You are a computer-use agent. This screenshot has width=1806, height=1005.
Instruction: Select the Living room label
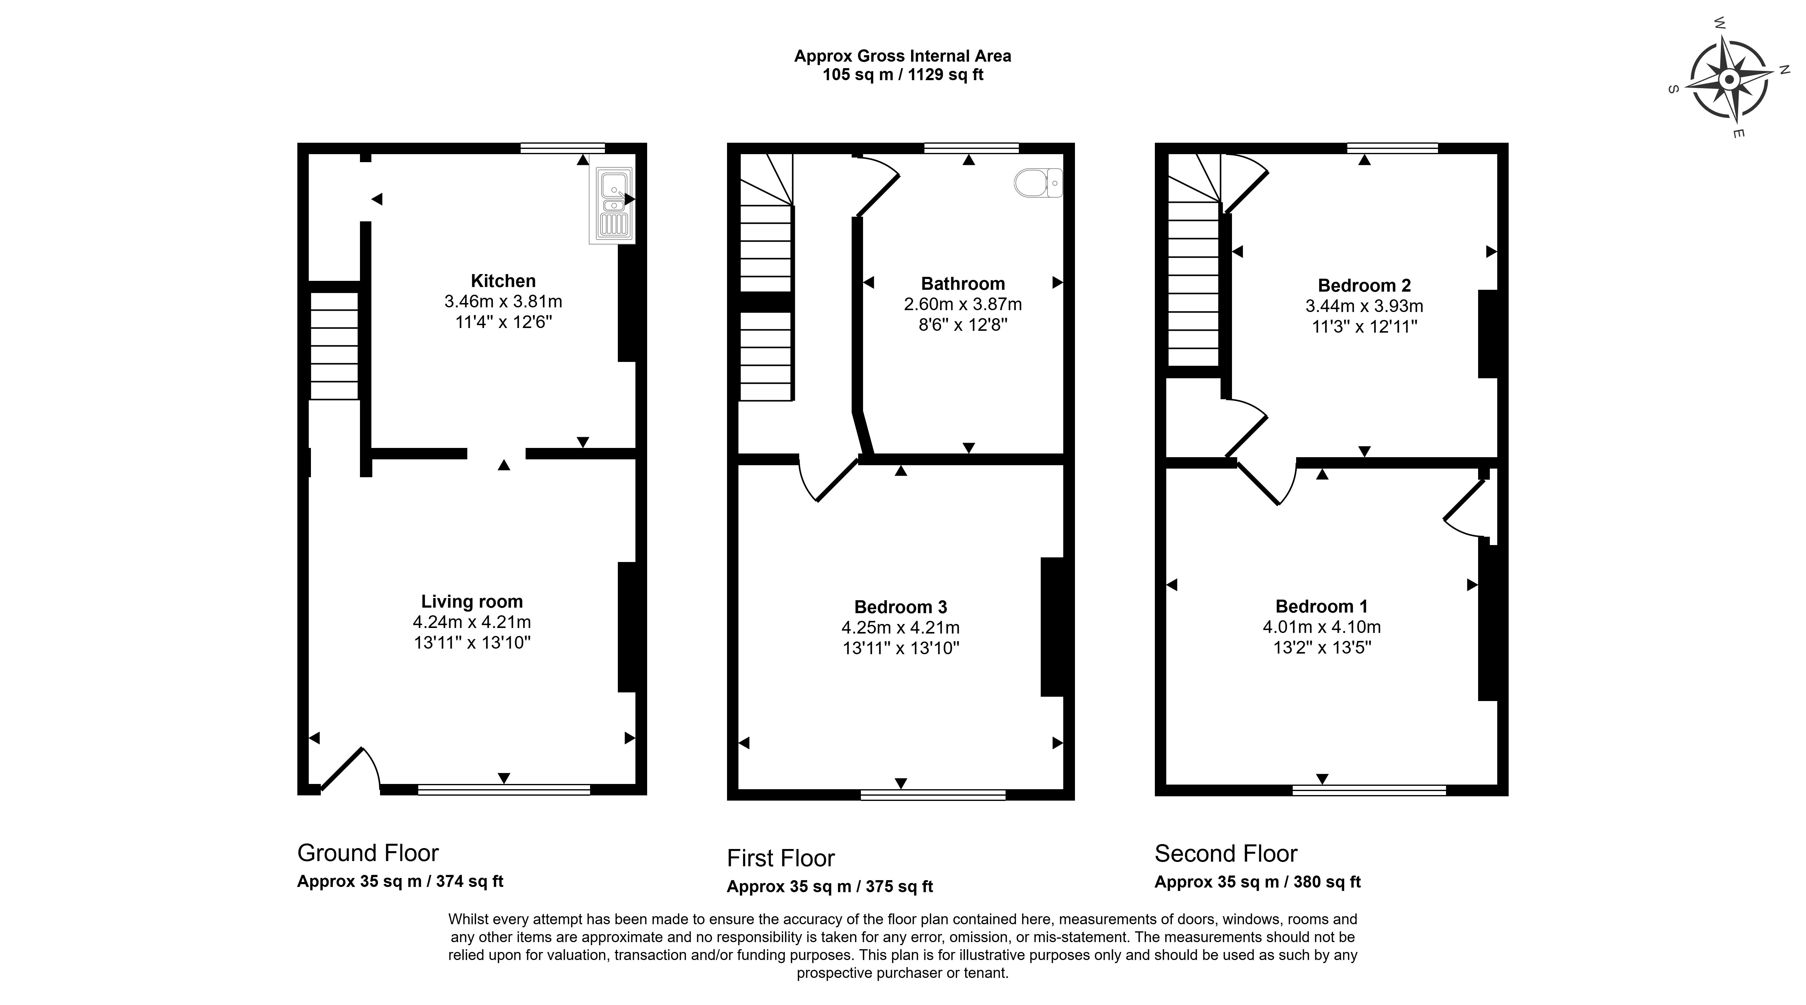472,601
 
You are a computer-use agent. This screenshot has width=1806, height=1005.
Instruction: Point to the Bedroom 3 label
901,607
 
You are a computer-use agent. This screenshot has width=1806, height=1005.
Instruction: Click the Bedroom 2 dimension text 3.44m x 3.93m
1364,306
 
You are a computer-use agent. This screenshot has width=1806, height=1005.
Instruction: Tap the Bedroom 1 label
1321,606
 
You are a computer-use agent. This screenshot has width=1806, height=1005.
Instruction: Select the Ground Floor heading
368,853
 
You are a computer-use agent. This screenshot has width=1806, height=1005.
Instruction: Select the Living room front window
504,790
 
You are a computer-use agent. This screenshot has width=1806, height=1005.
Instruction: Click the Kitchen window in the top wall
562,148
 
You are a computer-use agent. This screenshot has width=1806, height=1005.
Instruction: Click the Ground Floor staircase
334,346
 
